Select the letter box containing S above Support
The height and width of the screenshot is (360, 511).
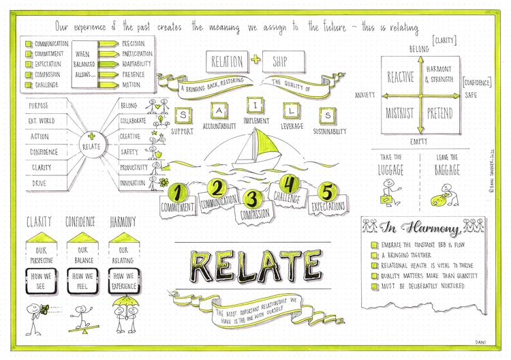coord(182,115)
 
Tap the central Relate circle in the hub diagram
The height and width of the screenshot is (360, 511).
coord(93,145)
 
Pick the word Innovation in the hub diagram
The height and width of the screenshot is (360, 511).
coord(131,183)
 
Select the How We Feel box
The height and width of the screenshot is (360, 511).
coord(82,280)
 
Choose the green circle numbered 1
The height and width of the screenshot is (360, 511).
coord(179,192)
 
